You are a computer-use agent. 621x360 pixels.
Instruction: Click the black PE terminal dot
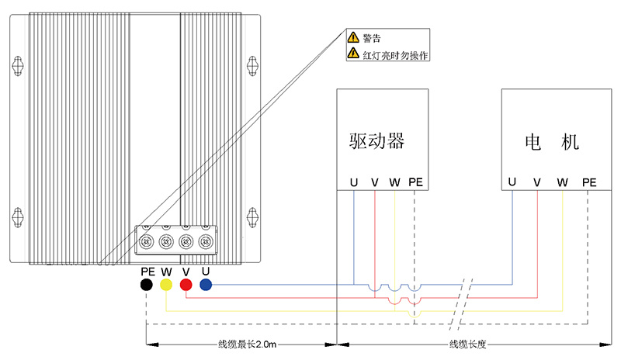click(147, 286)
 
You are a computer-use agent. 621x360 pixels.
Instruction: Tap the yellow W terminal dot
click(166, 286)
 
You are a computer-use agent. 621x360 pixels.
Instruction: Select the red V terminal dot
click(186, 286)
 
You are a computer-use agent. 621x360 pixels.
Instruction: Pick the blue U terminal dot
click(206, 286)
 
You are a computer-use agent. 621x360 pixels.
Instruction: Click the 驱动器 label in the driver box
click(376, 141)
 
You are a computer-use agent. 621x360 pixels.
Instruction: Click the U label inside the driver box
click(354, 182)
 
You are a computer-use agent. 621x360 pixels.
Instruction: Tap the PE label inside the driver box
click(415, 182)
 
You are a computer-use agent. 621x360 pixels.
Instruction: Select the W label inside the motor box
click(562, 182)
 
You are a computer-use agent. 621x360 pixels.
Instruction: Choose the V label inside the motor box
click(536, 182)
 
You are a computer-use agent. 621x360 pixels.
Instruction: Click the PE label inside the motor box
click(588, 182)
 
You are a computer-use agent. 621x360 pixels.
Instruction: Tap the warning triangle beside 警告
click(353, 37)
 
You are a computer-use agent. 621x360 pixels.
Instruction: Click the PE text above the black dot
click(147, 272)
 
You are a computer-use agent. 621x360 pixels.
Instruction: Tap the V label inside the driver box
click(375, 182)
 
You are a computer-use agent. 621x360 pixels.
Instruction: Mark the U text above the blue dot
click(205, 272)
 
